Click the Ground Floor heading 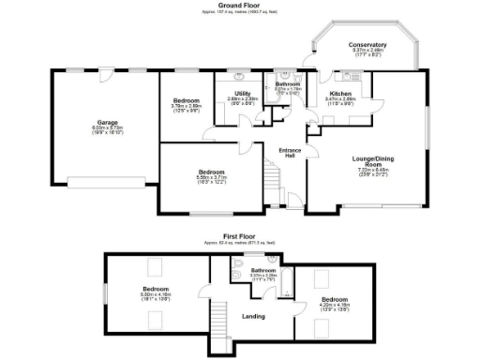click(240, 5)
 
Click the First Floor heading click(240, 235)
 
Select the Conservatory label click(367, 45)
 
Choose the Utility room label click(242, 93)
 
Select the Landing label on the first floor click(252, 316)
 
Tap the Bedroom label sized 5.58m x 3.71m click(211, 172)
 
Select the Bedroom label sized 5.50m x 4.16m click(155, 289)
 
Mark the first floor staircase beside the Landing click(221, 323)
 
